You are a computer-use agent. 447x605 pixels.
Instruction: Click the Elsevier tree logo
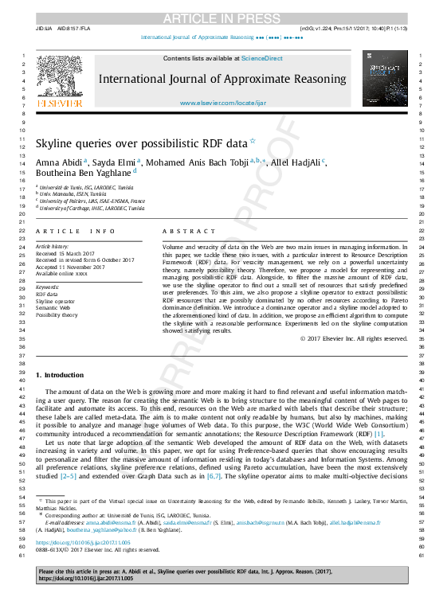point(63,79)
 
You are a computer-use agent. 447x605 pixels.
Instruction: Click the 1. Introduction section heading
point(60,374)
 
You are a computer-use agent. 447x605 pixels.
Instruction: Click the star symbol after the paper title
point(276,141)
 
